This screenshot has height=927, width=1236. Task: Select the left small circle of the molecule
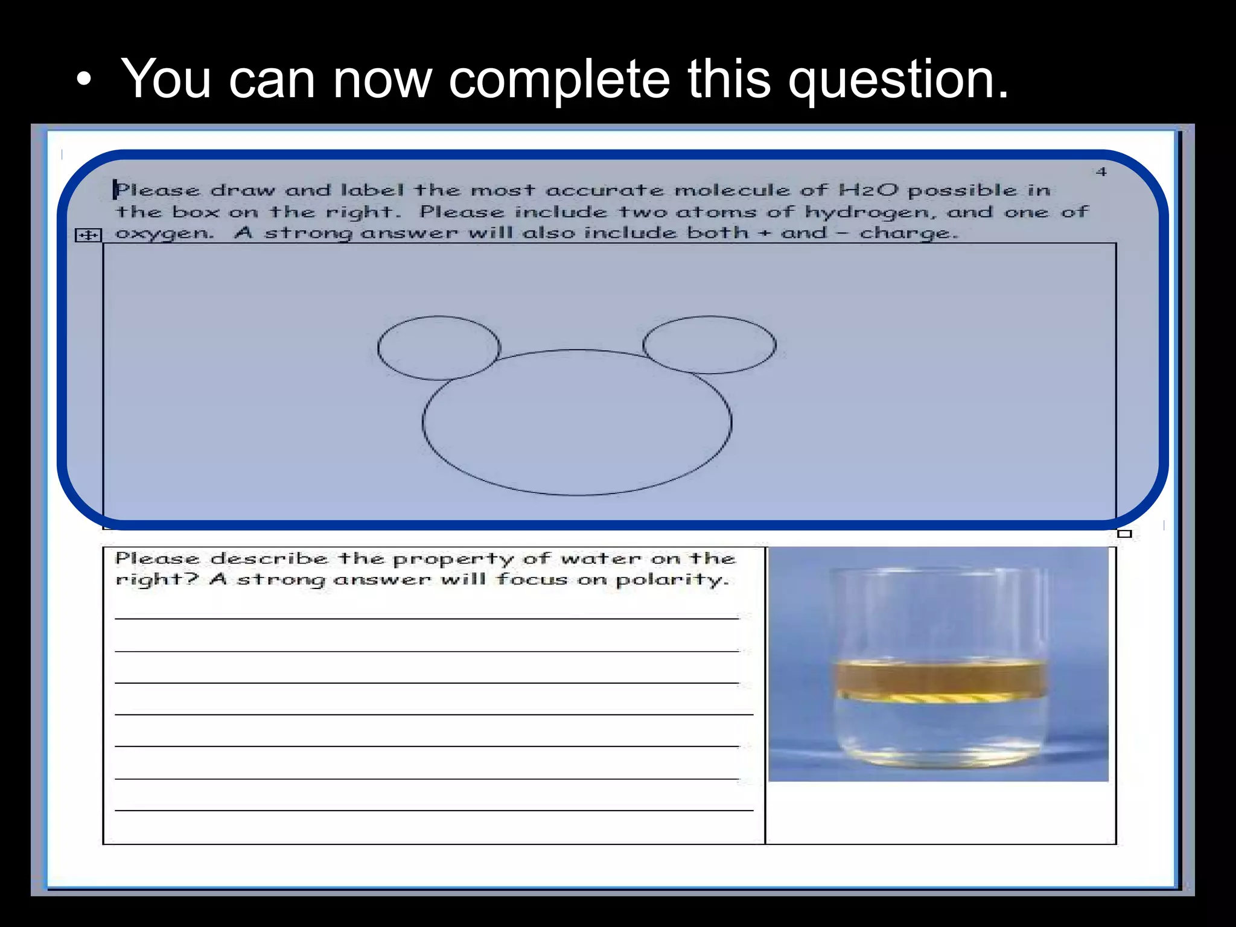pos(439,348)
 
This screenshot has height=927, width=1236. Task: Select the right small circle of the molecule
pos(709,345)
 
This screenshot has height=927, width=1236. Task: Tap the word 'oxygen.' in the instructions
pos(164,234)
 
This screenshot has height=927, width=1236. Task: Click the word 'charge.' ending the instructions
pos(908,234)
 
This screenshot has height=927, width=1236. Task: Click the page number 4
pos(1101,172)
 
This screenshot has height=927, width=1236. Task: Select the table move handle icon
pos(88,235)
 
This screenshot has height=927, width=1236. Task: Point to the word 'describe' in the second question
pos(269,559)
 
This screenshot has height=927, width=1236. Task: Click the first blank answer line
pos(426,618)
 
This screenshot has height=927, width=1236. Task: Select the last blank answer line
pos(433,810)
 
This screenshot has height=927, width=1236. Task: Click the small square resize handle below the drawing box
pos(1124,534)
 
